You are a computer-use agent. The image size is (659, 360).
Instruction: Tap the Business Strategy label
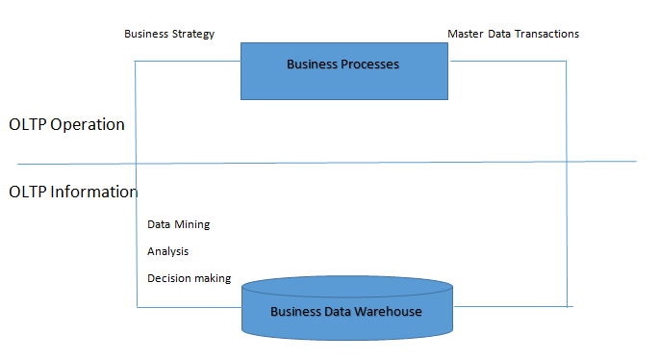(169, 34)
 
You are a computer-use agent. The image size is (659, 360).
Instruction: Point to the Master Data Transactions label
(513, 34)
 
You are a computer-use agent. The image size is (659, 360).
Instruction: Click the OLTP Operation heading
(66, 125)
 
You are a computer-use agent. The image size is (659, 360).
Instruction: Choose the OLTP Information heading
(73, 192)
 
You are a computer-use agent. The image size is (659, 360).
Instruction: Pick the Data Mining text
(178, 224)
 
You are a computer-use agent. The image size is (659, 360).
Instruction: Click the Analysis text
(167, 251)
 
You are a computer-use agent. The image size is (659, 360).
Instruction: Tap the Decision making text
(189, 278)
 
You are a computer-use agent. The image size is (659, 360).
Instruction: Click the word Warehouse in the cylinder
(390, 312)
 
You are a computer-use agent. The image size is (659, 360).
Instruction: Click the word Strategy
(192, 34)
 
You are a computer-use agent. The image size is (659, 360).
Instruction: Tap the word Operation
(89, 125)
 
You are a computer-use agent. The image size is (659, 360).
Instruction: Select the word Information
(95, 192)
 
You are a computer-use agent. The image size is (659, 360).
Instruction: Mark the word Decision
(168, 278)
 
